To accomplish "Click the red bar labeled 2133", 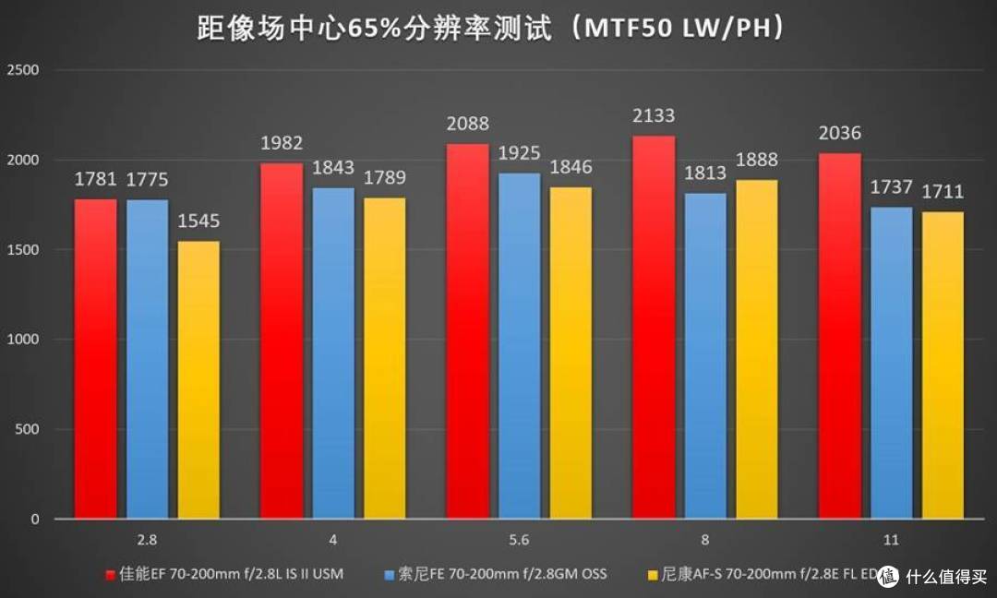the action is [653, 328].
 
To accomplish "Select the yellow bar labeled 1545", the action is [198, 380].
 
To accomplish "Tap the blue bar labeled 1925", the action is [519, 346].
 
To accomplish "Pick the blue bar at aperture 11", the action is [891, 363].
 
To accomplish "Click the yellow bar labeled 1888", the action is [757, 350].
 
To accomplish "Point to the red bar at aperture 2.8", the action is [95, 359].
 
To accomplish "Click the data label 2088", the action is [467, 124].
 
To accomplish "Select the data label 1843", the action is [333, 167].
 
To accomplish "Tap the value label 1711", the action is [943, 191].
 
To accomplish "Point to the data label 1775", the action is [147, 179].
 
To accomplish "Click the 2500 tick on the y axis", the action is [23, 70].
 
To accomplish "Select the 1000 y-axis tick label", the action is [23, 340].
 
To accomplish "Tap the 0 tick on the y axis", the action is [35, 520].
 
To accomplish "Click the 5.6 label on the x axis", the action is [519, 540].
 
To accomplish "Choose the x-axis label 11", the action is [891, 540].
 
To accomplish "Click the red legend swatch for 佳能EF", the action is [110, 575].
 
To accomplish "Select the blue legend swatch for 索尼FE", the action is [390, 575].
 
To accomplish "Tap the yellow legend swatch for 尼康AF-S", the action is [653, 575].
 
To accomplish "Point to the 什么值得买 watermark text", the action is [946, 577].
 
